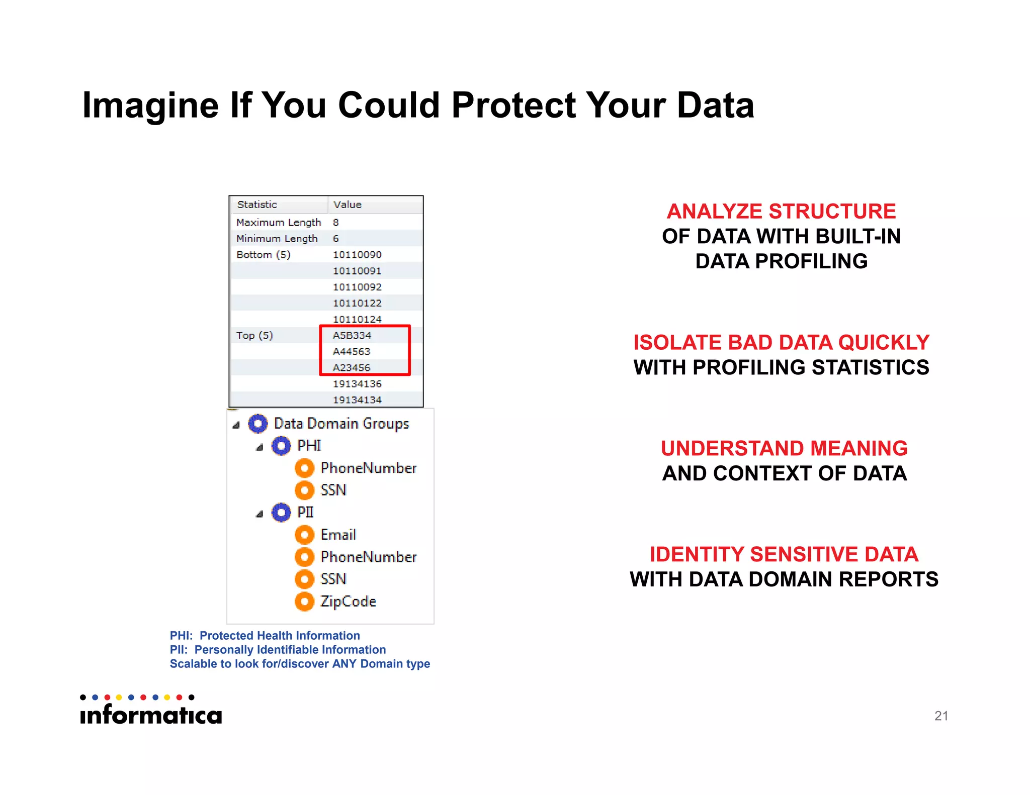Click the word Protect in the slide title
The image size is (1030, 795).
click(513, 106)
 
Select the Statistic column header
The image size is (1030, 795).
click(257, 205)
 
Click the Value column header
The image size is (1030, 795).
click(348, 205)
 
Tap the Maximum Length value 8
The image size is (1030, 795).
click(336, 222)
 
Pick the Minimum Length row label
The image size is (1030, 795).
click(277, 239)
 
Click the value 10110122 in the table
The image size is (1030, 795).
click(357, 303)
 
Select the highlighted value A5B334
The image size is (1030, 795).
click(352, 335)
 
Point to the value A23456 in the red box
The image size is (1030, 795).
click(352, 367)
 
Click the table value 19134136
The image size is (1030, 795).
click(357, 384)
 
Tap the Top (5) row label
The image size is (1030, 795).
click(254, 335)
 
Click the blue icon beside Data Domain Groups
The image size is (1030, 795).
click(258, 424)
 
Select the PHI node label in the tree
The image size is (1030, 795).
click(309, 446)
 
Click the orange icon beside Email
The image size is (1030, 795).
click(304, 535)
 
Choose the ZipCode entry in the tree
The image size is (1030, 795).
click(348, 602)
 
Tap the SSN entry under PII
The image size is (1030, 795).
click(333, 579)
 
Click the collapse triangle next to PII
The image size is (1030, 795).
click(260, 514)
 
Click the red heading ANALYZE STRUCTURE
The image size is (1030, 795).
click(781, 212)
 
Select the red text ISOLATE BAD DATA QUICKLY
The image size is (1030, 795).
click(781, 343)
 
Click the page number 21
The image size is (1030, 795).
click(941, 716)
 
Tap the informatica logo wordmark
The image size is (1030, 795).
click(151, 715)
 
